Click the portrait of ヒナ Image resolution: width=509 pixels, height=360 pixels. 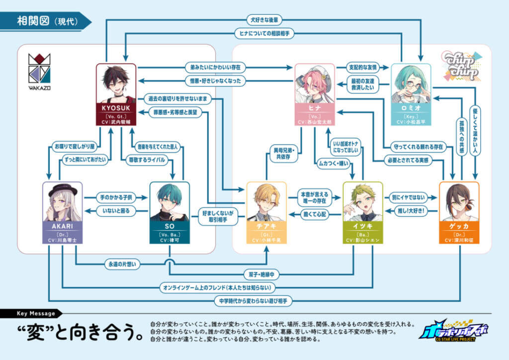(x=314, y=85)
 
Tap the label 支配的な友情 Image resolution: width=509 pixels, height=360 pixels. (x=363, y=66)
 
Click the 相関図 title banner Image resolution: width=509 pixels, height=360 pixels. (x=45, y=21)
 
